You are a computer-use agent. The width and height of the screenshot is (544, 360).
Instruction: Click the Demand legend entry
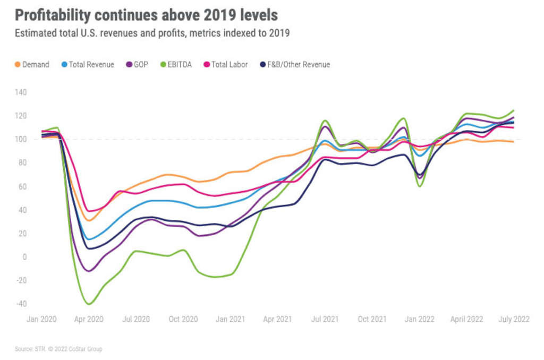tap(32, 64)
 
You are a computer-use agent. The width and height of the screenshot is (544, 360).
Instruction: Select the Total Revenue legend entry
tap(88, 64)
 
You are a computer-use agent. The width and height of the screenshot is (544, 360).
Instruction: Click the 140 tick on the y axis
tap(21, 92)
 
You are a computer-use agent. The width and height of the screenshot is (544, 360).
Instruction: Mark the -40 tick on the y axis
tap(21, 304)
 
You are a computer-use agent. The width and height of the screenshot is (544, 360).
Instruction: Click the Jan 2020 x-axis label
tap(41, 319)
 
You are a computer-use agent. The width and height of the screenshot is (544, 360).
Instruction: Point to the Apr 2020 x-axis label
tap(89, 319)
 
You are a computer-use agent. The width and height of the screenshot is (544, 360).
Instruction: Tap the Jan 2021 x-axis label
tap(230, 319)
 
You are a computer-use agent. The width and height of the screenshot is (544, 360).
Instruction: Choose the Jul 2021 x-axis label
tap(325, 319)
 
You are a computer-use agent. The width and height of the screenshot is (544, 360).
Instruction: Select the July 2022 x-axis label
tap(513, 319)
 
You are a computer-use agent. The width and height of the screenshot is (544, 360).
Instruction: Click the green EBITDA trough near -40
tap(89, 304)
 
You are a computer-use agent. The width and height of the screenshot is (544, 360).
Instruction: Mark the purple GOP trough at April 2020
tap(89, 271)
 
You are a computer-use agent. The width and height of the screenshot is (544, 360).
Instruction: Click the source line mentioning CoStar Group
tap(58, 349)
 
